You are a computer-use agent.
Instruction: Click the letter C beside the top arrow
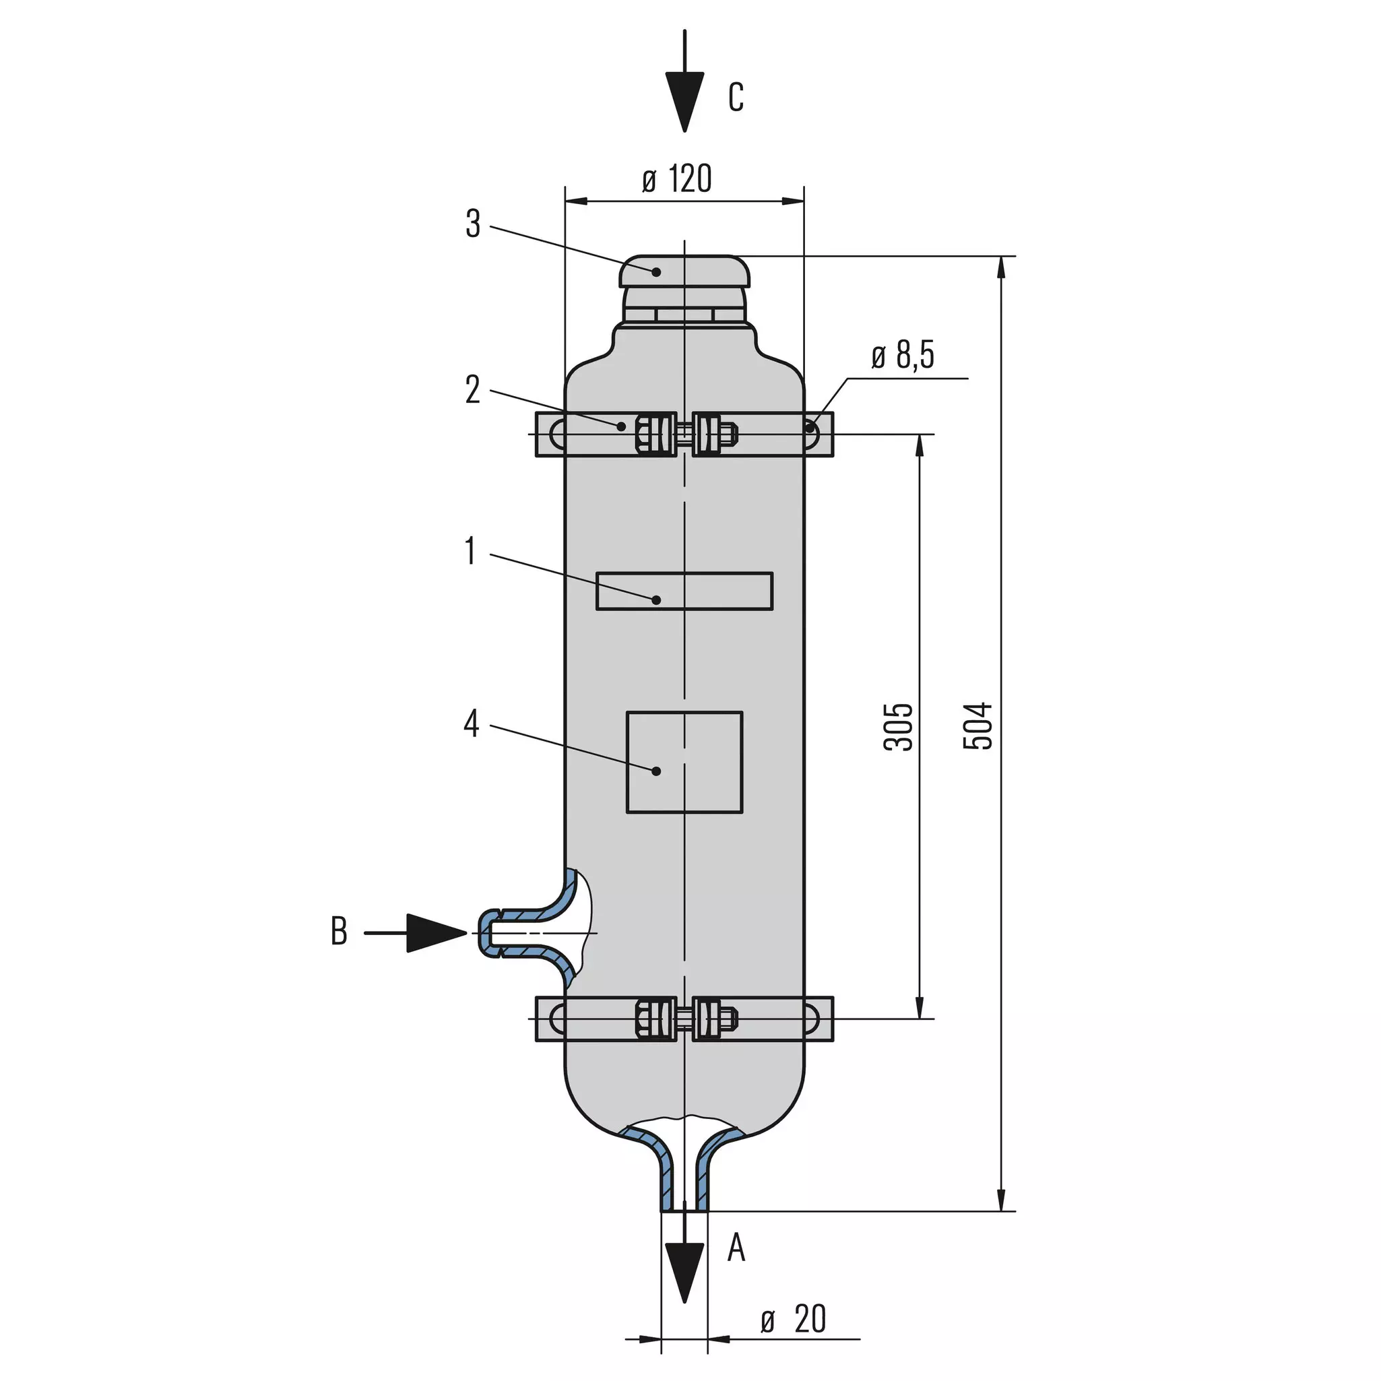pyautogui.click(x=736, y=97)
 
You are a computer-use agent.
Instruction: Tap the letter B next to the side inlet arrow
pyautogui.click(x=339, y=932)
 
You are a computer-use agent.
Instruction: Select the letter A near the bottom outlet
pyautogui.click(x=736, y=1248)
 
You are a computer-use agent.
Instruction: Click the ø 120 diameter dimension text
pyautogui.click(x=677, y=179)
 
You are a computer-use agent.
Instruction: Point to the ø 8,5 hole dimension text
pyautogui.click(x=903, y=354)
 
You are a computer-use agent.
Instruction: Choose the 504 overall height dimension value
pyautogui.click(x=979, y=726)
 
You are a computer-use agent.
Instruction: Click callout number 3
pyautogui.click(x=473, y=224)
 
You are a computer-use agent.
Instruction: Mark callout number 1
pyautogui.click(x=470, y=551)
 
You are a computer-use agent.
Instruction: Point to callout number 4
pyautogui.click(x=471, y=724)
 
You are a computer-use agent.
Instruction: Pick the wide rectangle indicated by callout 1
pyautogui.click(x=685, y=574)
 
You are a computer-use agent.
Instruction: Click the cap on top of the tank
pyautogui.click(x=685, y=271)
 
